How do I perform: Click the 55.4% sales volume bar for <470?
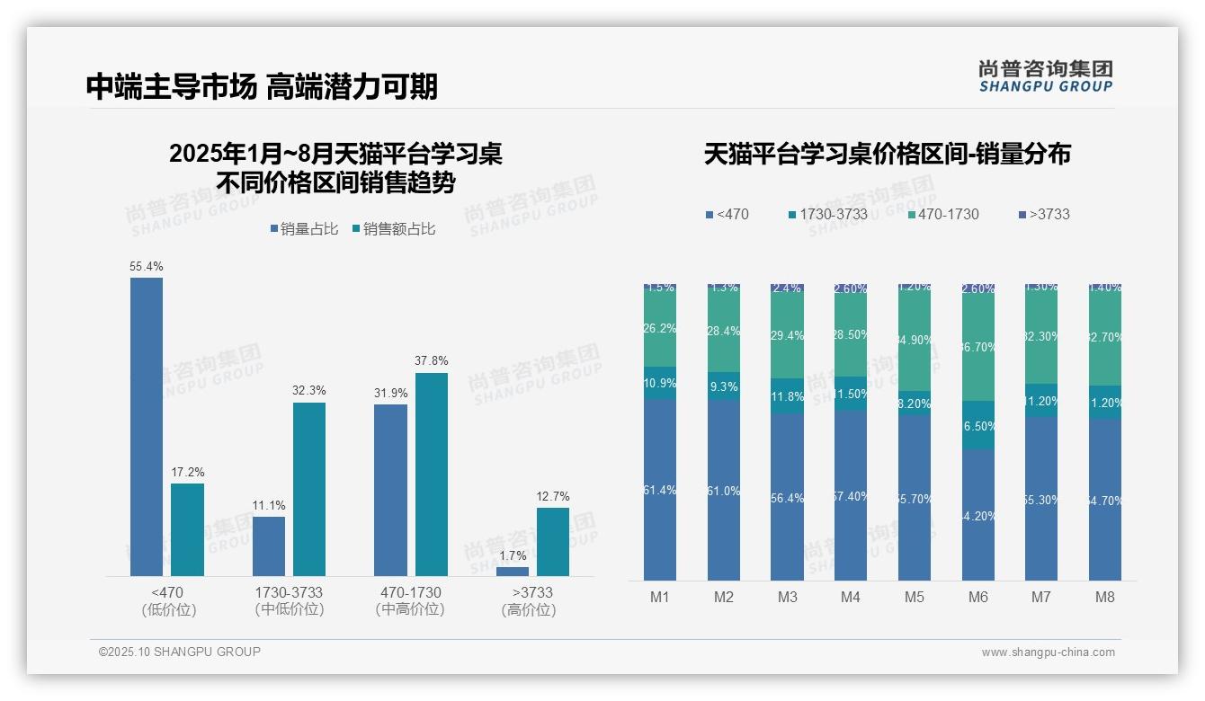147,426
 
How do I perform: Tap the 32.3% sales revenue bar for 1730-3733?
309,489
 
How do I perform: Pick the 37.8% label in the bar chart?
432,361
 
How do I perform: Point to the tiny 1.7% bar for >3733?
513,572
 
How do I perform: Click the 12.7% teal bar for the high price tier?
553,542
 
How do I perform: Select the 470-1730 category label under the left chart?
410,593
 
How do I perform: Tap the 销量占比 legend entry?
304,229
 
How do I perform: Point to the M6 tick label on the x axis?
977,598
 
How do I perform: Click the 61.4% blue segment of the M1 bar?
660,490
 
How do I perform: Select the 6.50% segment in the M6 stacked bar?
978,425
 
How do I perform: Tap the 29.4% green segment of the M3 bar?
788,335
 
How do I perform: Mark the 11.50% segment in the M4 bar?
851,394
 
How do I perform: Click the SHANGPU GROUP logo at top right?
1045,76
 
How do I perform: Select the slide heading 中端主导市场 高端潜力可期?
262,86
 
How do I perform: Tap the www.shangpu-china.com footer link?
1048,652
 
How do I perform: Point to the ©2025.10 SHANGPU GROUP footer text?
180,652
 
